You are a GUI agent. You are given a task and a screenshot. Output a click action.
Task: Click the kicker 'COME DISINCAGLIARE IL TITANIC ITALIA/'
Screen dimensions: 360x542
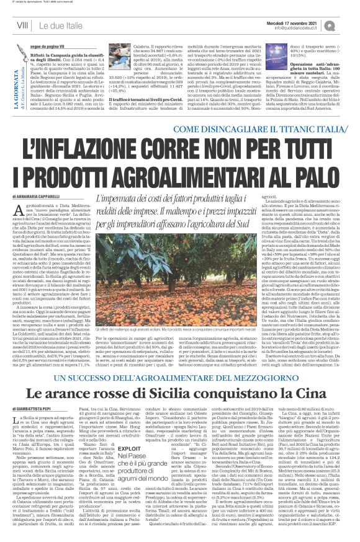point(268,128)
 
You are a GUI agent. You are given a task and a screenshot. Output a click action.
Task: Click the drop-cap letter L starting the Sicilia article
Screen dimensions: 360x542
point(16,405)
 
